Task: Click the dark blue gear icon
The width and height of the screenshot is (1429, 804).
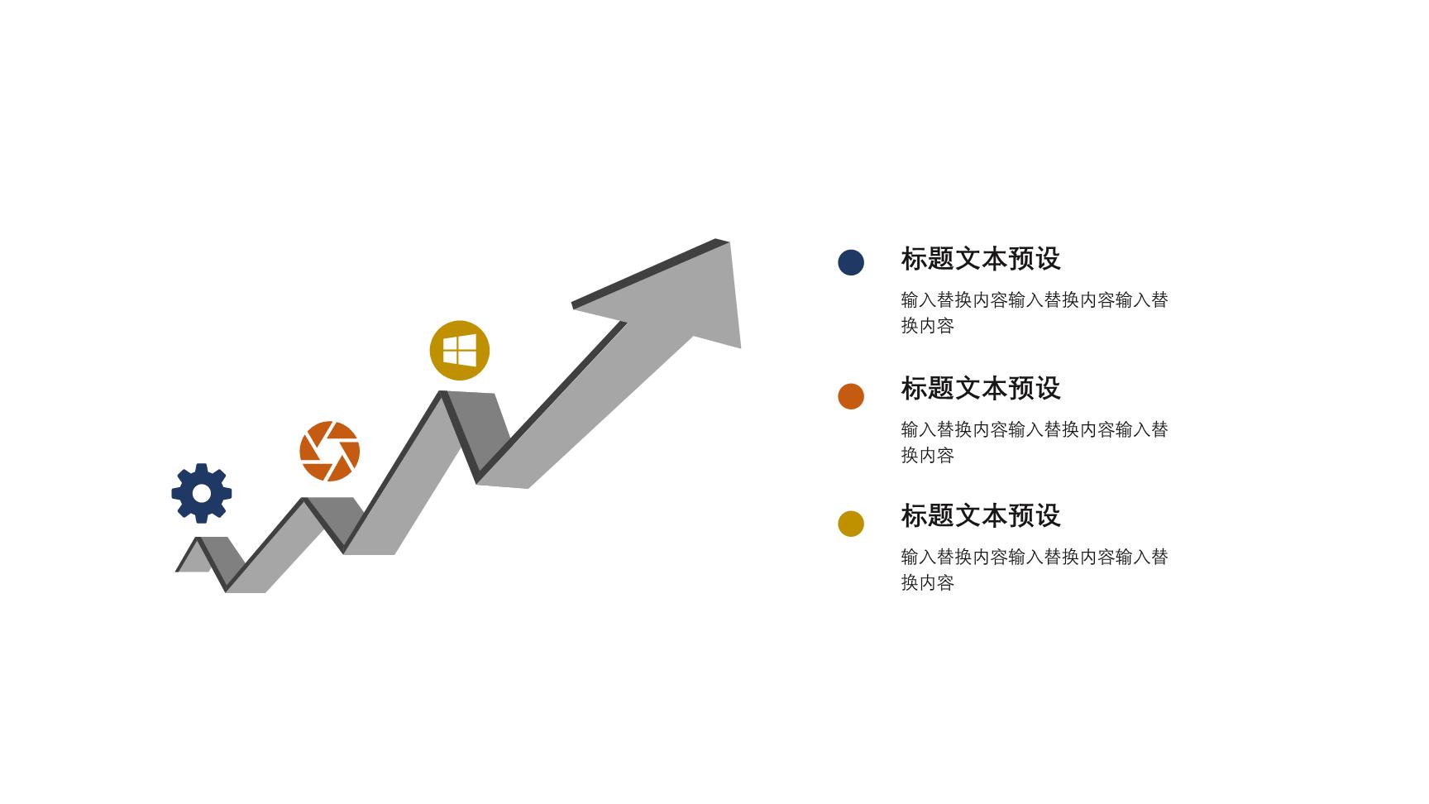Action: point(202,494)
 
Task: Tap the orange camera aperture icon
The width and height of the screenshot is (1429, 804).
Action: point(330,452)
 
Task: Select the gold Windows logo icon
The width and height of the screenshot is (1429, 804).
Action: point(460,351)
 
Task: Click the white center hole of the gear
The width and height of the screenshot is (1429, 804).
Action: point(202,494)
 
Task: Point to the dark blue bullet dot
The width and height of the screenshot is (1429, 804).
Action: point(851,262)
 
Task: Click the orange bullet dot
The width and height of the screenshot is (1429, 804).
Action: point(851,396)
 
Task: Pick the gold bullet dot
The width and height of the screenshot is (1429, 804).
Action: point(851,524)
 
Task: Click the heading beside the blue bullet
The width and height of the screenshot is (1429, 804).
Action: point(981,259)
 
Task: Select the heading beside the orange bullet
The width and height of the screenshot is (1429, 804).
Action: point(981,388)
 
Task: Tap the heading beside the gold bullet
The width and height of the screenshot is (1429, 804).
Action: point(981,515)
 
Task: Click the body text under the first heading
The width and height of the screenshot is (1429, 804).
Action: point(1035,313)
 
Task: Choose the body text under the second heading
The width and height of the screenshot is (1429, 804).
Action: point(1035,443)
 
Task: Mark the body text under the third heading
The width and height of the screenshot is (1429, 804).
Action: point(1035,570)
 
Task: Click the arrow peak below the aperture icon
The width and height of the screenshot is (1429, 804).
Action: point(304,500)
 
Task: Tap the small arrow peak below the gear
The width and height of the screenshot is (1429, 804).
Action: point(198,539)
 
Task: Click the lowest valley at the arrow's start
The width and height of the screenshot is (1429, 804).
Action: point(227,590)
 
